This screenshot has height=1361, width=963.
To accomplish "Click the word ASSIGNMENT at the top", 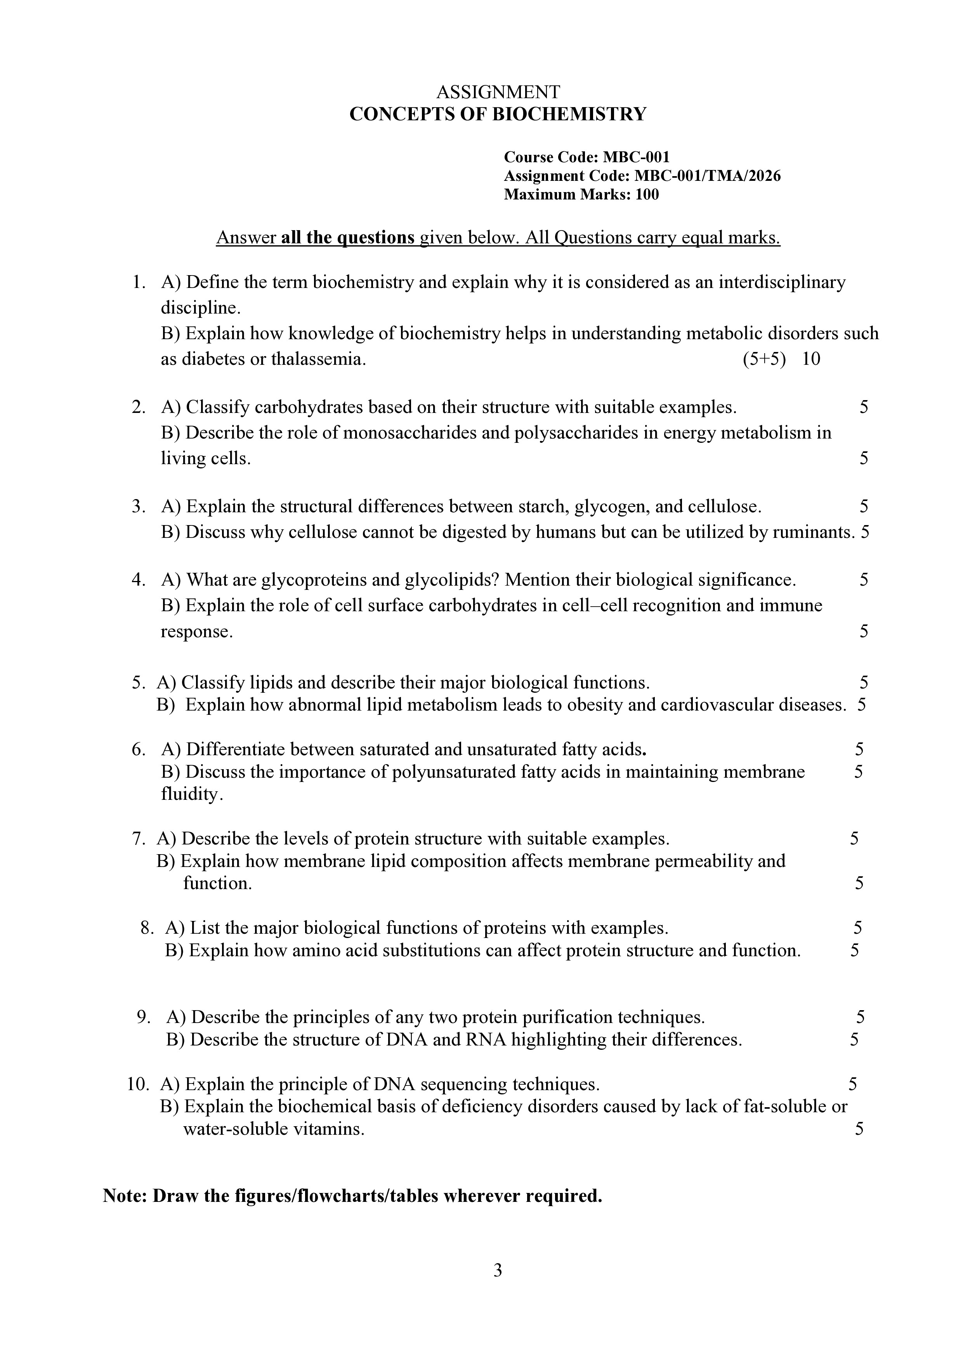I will point(498,92).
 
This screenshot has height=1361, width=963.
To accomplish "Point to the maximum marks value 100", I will point(647,194).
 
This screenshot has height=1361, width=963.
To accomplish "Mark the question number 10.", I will point(137,1084).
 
